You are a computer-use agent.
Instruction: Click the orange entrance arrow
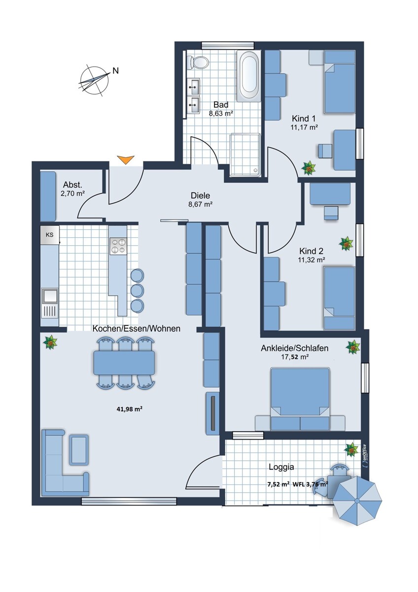point(126,160)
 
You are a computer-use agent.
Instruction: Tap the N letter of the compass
point(116,71)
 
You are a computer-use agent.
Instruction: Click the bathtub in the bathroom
point(249,76)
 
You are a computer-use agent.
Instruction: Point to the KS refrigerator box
point(50,235)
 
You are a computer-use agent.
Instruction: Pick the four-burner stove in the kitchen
point(118,246)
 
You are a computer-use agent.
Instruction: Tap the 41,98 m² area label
point(130,409)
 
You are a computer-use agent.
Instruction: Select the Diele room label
point(201,195)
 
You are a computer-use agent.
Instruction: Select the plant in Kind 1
point(309,168)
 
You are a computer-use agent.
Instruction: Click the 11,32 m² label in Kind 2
point(312,260)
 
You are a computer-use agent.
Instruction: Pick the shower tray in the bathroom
point(245,155)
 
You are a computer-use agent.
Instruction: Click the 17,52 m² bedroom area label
point(295,357)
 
